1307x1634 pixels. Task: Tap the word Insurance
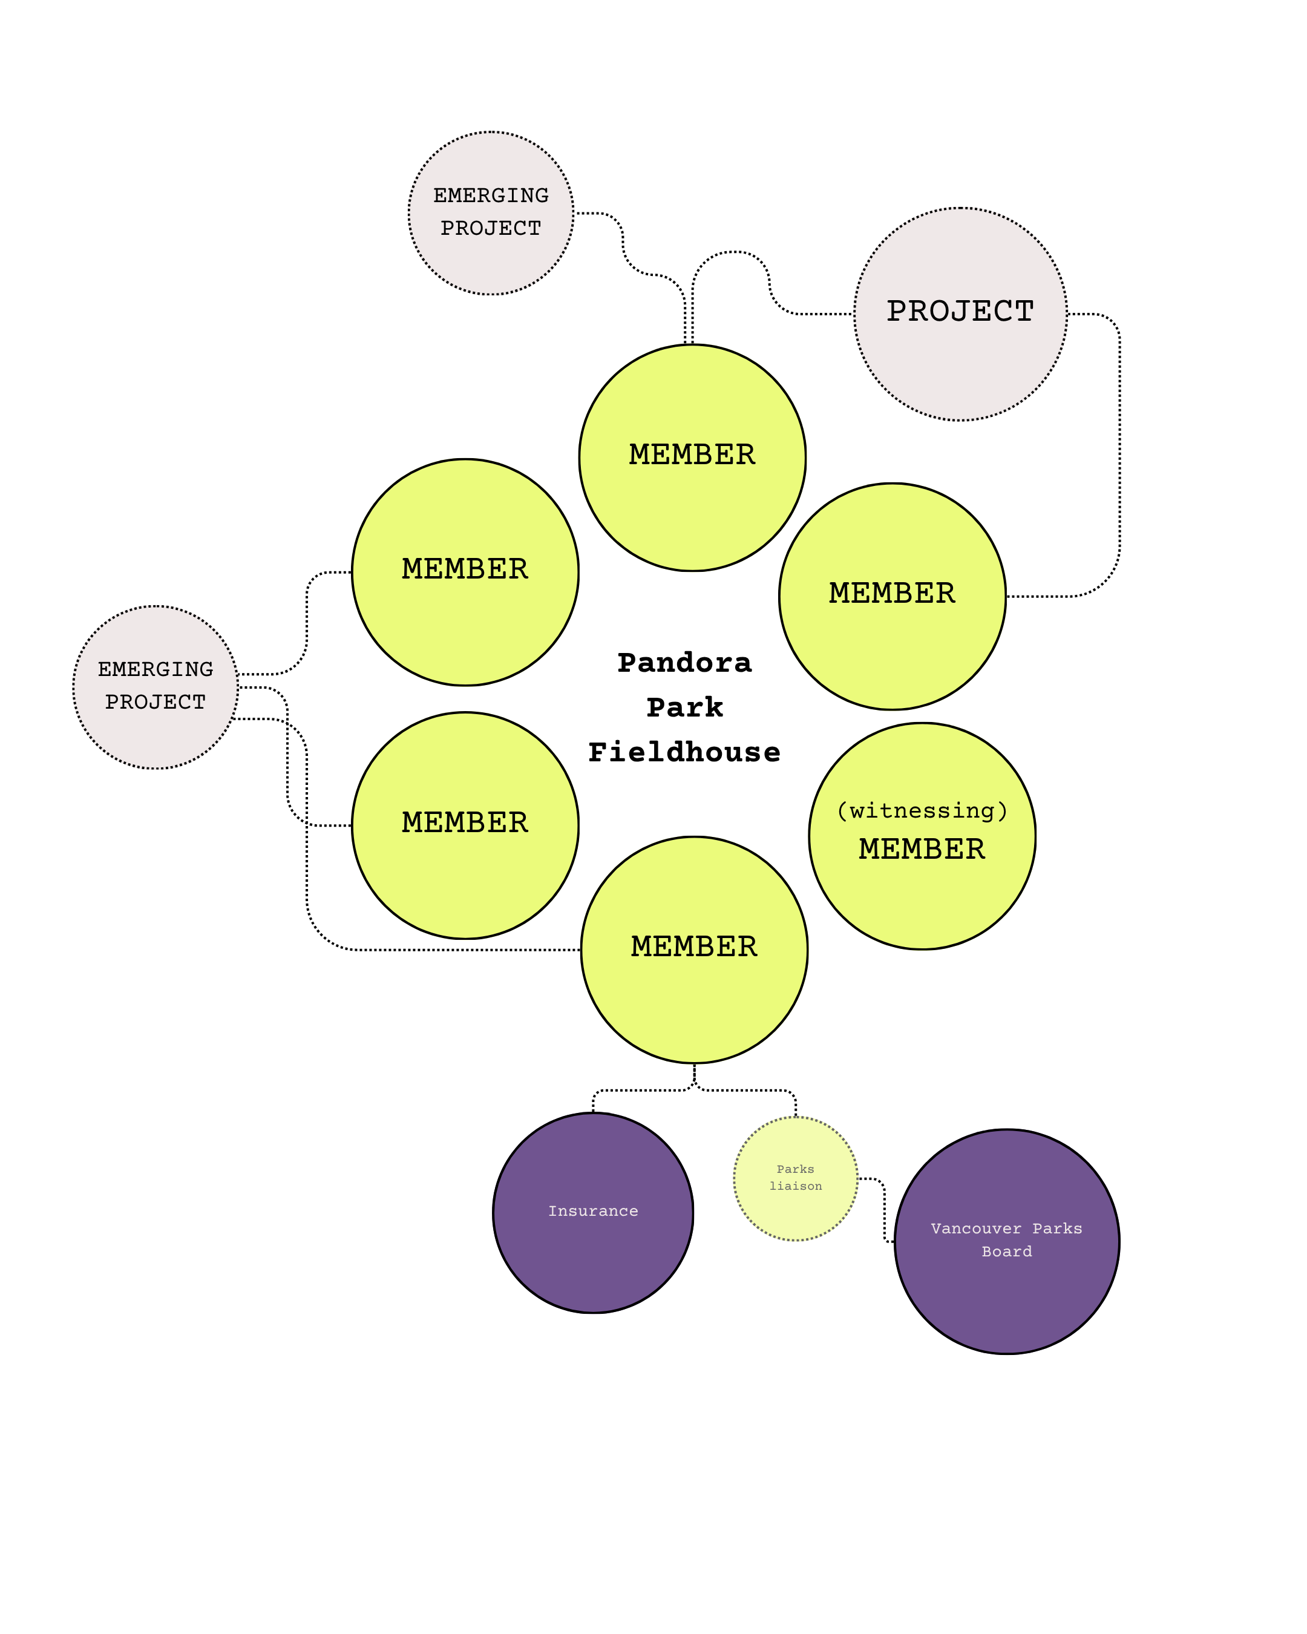[593, 1211]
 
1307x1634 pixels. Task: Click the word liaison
[796, 1186]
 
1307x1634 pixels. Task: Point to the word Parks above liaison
[796, 1169]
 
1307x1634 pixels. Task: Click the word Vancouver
[976, 1229]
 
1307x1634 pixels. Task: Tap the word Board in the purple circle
[1007, 1252]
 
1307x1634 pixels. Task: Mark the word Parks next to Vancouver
[1057, 1229]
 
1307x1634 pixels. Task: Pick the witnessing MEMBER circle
[922, 894]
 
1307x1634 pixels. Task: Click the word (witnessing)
[922, 811]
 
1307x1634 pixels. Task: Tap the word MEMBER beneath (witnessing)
[922, 850]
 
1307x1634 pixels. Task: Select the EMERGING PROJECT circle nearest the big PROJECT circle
[491, 258]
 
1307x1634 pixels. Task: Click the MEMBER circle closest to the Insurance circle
[694, 1000]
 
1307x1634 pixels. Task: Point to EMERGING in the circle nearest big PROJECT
[491, 195]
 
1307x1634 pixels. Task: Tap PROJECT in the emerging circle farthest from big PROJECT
[156, 703]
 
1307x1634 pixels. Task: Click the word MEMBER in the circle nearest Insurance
[694, 947]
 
